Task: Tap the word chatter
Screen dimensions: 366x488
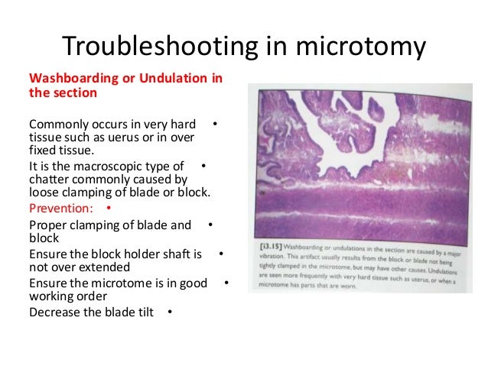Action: pyautogui.click(x=51, y=179)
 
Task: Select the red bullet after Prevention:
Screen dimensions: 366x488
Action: pyautogui.click(x=109, y=208)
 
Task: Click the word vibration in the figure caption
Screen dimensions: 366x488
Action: pyautogui.click(x=268, y=258)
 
